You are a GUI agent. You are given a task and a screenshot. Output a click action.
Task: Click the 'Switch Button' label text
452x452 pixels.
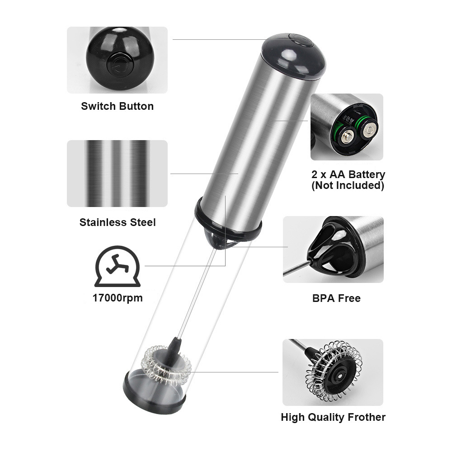(118, 106)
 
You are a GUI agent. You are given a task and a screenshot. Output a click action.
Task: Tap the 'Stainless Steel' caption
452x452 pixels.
(118, 222)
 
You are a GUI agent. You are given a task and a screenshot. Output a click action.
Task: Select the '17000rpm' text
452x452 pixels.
(118, 298)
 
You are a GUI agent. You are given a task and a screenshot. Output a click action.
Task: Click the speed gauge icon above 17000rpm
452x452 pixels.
(118, 266)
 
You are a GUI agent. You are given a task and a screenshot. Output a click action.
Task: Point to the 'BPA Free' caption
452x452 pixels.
(336, 298)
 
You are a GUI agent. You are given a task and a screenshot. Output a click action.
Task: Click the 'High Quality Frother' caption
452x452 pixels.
(333, 417)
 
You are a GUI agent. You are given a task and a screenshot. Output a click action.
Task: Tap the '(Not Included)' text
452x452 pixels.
(348, 185)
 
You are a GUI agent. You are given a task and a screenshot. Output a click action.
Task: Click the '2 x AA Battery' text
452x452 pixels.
(348, 174)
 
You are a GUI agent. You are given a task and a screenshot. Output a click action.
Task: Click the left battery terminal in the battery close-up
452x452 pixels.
(348, 137)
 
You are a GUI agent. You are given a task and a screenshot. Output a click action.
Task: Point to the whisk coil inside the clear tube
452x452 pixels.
(167, 364)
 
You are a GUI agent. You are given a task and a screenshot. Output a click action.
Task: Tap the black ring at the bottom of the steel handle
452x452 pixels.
(228, 216)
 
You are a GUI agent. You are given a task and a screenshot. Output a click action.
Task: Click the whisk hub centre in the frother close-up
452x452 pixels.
(340, 376)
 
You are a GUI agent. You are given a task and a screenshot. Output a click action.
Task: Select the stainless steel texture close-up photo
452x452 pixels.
(118, 174)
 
